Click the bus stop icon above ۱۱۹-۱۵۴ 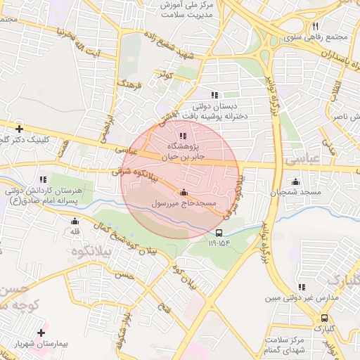[x=219, y=233]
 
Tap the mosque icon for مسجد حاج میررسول [x=184, y=193]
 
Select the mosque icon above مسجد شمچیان [x=295, y=182]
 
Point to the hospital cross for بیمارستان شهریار [x=41, y=332]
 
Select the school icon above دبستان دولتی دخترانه [x=214, y=95]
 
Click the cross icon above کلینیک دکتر [x=19, y=129]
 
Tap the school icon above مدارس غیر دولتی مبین [x=302, y=288]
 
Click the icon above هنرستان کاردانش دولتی [x=42, y=180]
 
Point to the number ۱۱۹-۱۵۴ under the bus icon [x=219, y=243]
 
